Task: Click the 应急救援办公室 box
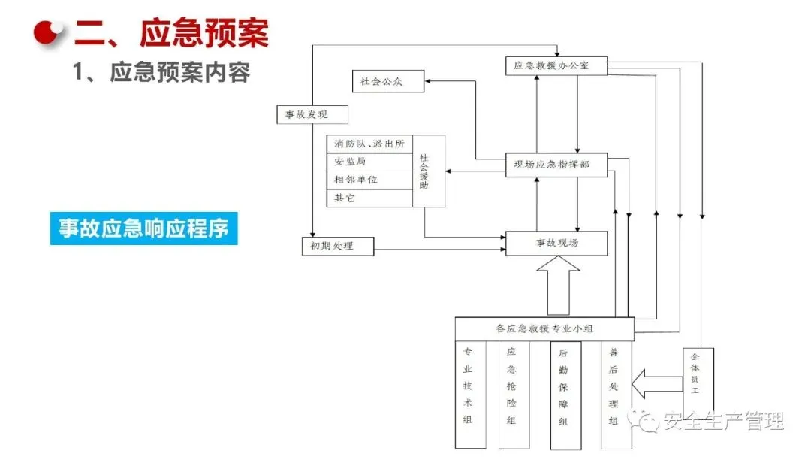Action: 556,66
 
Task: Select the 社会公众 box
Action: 388,81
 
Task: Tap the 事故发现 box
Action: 303,115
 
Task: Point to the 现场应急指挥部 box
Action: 556,165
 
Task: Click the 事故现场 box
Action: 556,243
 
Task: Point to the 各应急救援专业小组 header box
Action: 544,328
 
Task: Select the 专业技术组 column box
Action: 469,395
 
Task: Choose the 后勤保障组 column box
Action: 564,395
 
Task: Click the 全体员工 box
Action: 698,377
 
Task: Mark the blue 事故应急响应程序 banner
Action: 144,228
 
